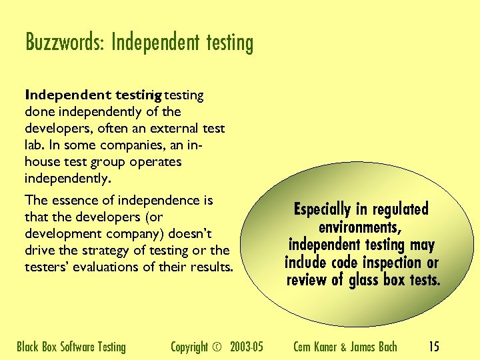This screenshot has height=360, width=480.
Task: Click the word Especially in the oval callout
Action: pyautogui.click(x=323, y=209)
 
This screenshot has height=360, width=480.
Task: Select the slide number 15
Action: pyautogui.click(x=434, y=347)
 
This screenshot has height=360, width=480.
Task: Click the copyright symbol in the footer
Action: pyautogui.click(x=217, y=347)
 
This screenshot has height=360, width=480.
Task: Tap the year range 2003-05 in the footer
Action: pyautogui.click(x=247, y=347)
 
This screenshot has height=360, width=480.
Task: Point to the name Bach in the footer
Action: pyautogui.click(x=386, y=347)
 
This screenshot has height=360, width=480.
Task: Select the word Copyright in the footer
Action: pyautogui.click(x=189, y=347)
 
